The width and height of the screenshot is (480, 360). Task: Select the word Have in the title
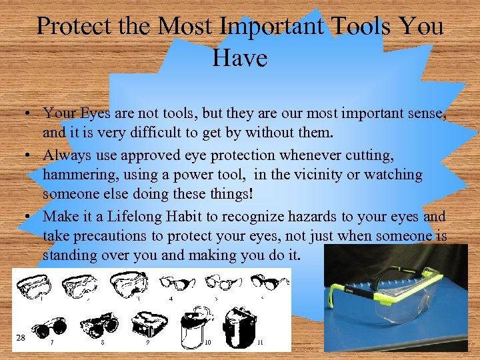(x=239, y=58)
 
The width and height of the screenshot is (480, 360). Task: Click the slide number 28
(x=21, y=338)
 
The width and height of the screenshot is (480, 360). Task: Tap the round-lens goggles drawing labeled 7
(x=51, y=326)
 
